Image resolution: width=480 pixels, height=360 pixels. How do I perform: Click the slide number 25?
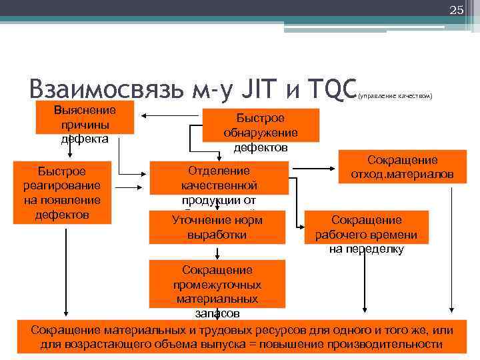coord(457,10)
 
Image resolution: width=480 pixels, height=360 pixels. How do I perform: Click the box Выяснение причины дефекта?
coord(85,124)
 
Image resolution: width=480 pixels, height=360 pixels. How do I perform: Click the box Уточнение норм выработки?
coord(217,227)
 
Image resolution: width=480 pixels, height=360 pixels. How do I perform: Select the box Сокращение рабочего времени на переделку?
coord(366,231)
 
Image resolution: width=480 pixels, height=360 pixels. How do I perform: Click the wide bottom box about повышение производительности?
coord(241,337)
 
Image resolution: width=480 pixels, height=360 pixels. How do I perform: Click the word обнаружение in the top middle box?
coord(261,133)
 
